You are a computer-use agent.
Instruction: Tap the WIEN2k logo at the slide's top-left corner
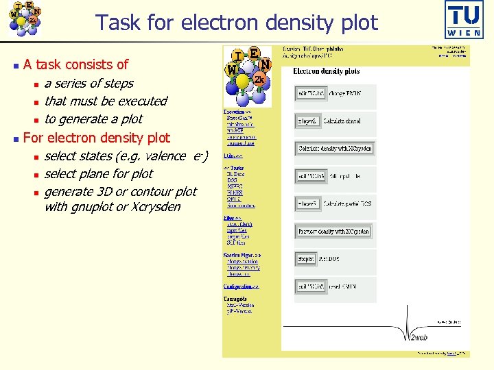coord(24,18)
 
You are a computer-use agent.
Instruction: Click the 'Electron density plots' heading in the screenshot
coord(326,71)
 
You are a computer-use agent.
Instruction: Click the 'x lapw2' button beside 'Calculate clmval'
coord(307,121)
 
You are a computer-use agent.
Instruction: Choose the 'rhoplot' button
coord(306,260)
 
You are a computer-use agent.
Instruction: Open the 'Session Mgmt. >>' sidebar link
coord(242,255)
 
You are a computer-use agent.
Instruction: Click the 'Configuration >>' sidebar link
coord(241,286)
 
